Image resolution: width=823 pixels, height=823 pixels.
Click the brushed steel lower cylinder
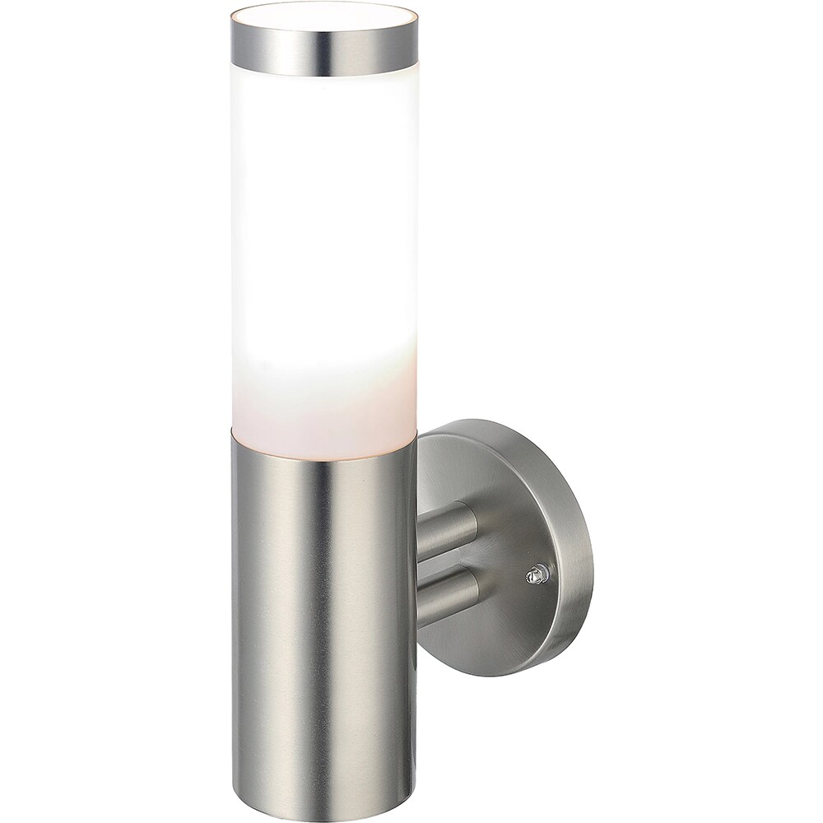321,617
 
